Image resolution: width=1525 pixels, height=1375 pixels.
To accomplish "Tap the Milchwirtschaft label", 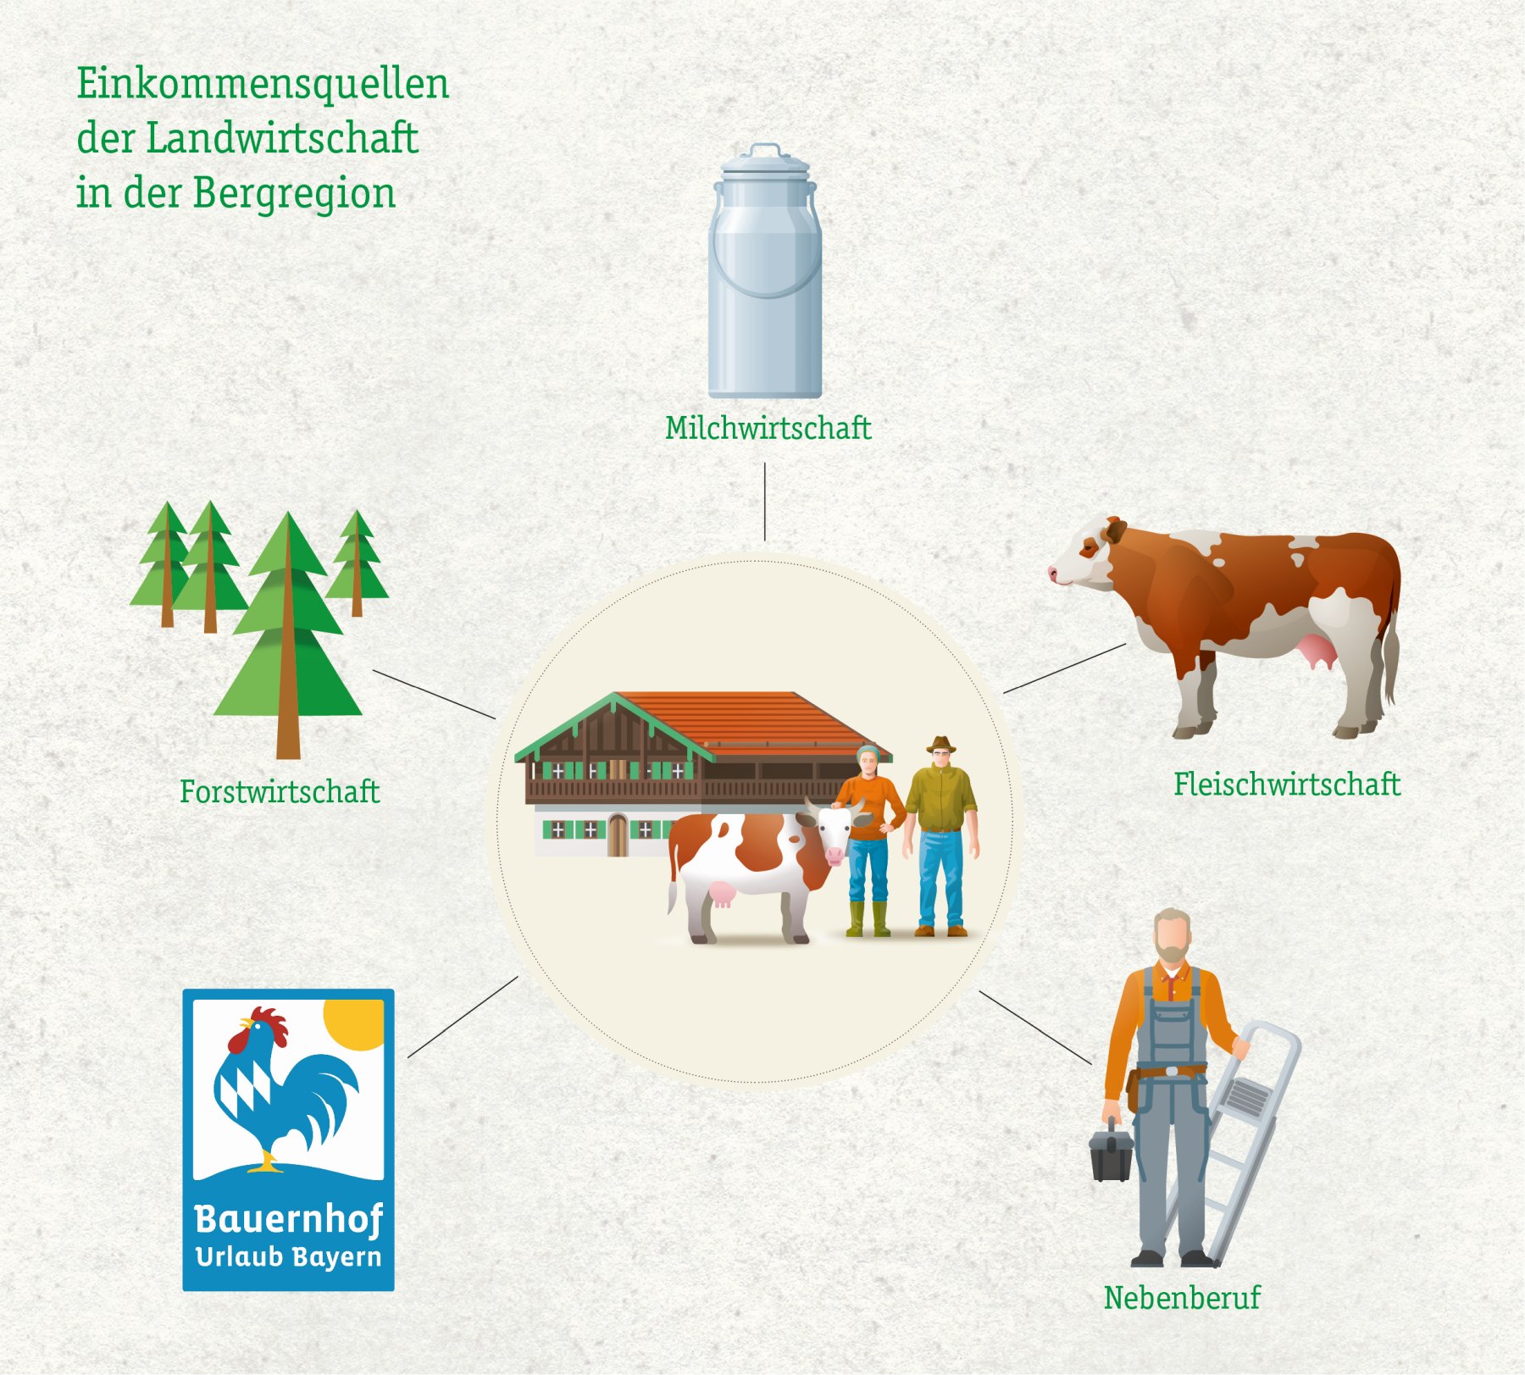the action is [768, 428].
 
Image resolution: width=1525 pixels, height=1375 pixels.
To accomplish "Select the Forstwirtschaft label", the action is [280, 792].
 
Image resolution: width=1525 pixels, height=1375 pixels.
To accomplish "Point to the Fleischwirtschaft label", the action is [1287, 785].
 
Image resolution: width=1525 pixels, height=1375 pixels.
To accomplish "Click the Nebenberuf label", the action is [1182, 1298].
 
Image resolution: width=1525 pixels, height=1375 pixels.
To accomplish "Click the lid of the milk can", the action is [765, 162].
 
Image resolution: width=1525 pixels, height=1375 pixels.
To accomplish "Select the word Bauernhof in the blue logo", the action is [289, 1220].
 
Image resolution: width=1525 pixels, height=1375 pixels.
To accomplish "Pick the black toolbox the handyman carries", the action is [1111, 1151].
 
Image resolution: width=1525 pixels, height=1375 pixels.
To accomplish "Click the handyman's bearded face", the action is [1173, 939].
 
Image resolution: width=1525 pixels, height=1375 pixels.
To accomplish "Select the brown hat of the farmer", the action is [940, 745].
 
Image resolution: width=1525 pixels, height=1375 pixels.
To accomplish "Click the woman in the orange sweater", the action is [868, 839].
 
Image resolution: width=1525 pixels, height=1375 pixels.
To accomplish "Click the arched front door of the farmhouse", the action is [618, 835].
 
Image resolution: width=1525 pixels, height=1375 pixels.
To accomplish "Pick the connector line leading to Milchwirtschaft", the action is [765, 502].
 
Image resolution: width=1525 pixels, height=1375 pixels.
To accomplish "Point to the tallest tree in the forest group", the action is [288, 635].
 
